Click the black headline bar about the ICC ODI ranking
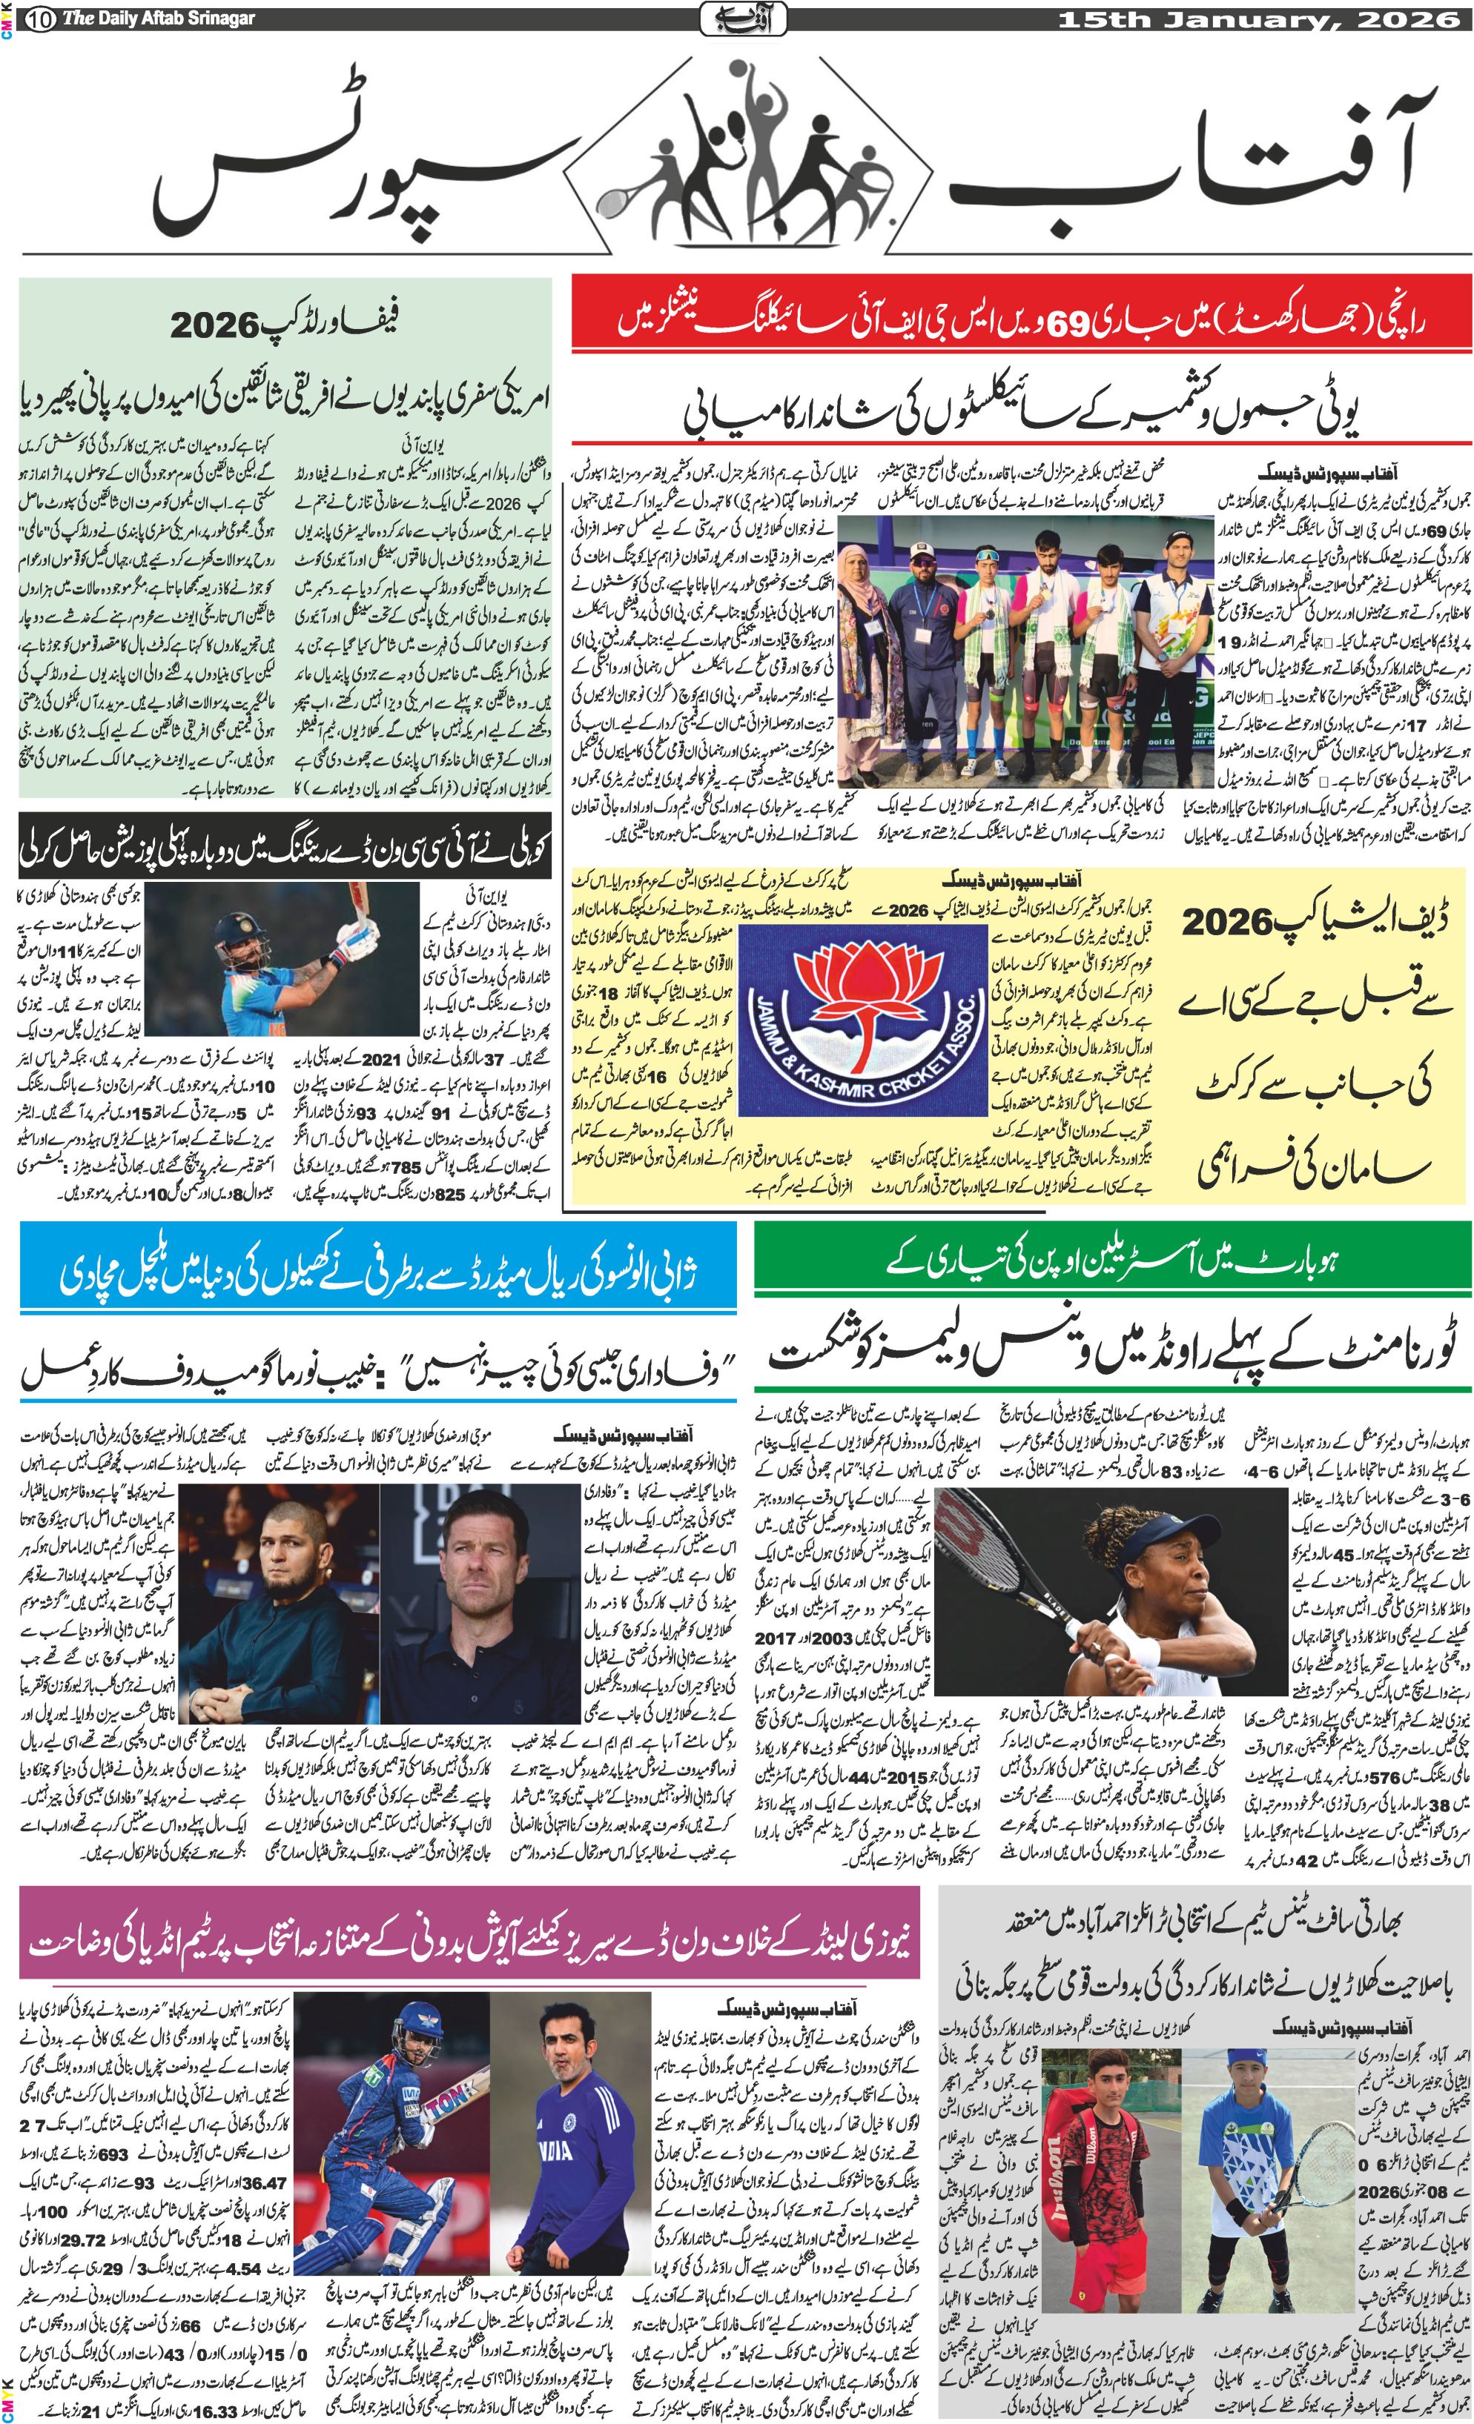click(285, 847)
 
